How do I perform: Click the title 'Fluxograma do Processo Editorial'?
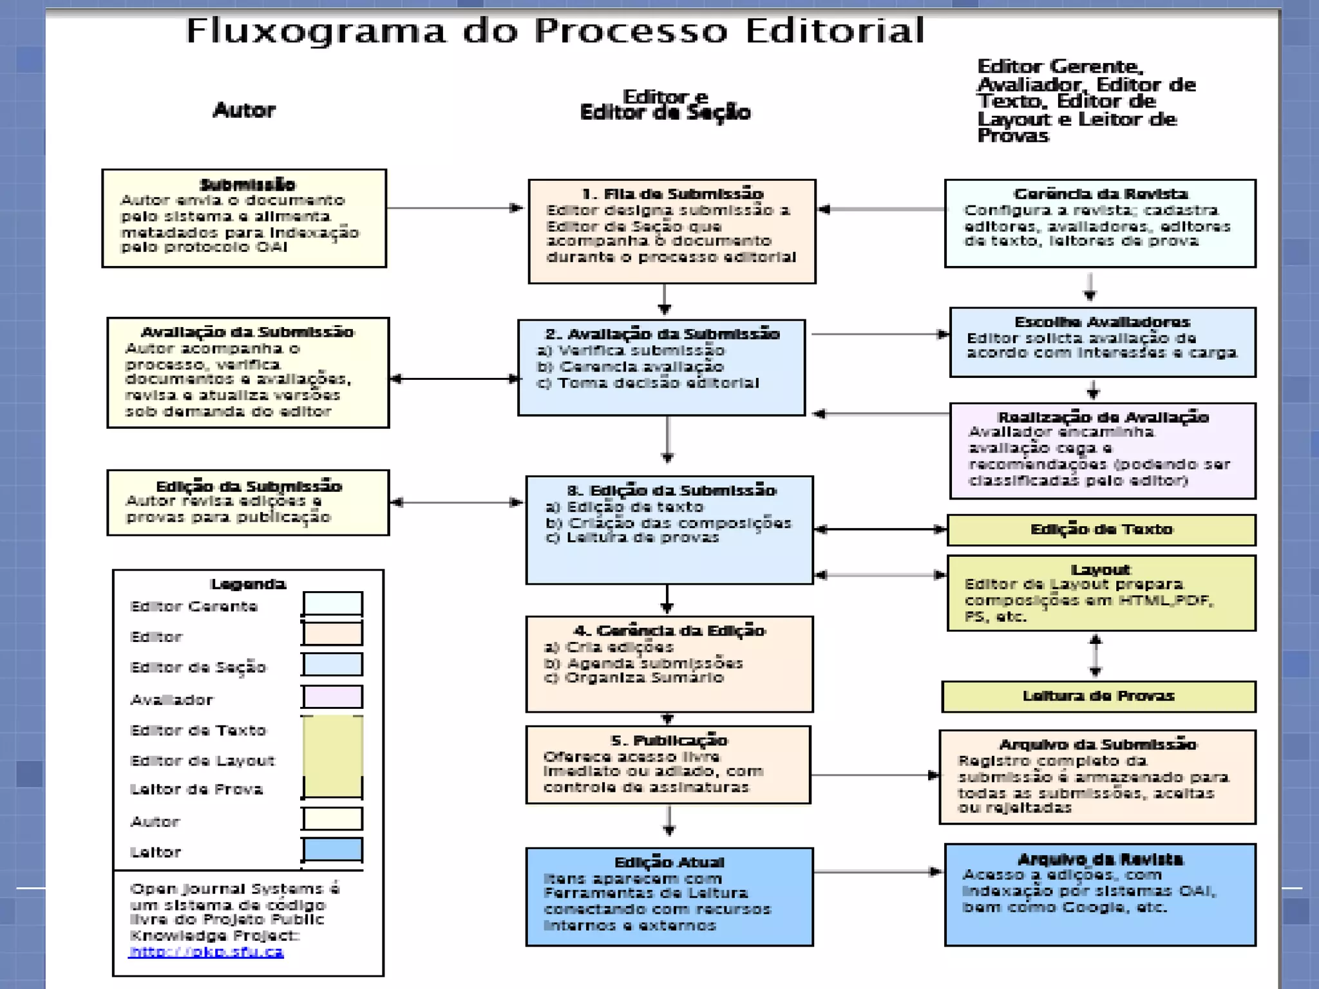pyautogui.click(x=555, y=31)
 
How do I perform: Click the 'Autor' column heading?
pyautogui.click(x=244, y=110)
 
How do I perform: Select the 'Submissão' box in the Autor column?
pyautogui.click(x=244, y=218)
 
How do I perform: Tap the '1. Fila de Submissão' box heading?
pyautogui.click(x=672, y=194)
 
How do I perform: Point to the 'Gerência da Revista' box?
pyautogui.click(x=1100, y=223)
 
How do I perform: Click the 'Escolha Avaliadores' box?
pyautogui.click(x=1102, y=342)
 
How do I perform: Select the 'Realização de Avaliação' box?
pyautogui.click(x=1102, y=450)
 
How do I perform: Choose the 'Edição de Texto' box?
pyautogui.click(x=1101, y=530)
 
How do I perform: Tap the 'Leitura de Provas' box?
pyautogui.click(x=1098, y=696)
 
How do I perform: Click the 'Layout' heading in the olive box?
pyautogui.click(x=1101, y=569)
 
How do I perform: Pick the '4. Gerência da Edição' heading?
pyautogui.click(x=669, y=630)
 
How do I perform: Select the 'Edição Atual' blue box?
pyautogui.click(x=669, y=896)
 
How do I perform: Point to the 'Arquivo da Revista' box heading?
pyautogui.click(x=1100, y=860)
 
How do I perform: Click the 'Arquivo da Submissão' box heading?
pyautogui.click(x=1097, y=744)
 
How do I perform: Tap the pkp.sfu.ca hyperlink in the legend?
pyautogui.click(x=206, y=952)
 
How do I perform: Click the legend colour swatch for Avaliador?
pyautogui.click(x=333, y=697)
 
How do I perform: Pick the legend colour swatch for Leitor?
pyautogui.click(x=333, y=849)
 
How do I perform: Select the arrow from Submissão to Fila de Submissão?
pyautogui.click(x=455, y=208)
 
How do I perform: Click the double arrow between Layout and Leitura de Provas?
pyautogui.click(x=1096, y=655)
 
